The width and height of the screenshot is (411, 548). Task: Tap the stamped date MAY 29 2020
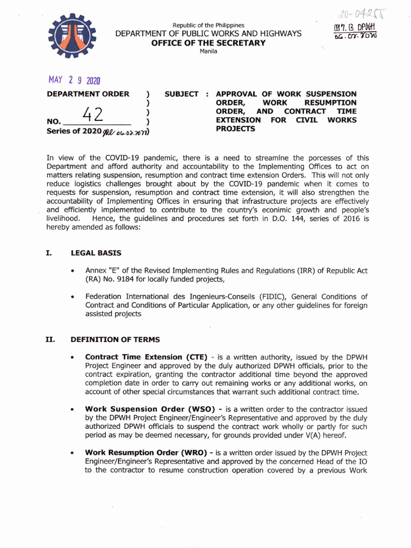(x=74, y=80)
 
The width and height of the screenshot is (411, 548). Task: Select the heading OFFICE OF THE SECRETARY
(x=208, y=43)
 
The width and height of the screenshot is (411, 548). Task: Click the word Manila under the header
(x=208, y=51)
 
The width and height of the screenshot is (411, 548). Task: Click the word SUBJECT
(x=182, y=94)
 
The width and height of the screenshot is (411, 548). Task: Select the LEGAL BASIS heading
(x=96, y=253)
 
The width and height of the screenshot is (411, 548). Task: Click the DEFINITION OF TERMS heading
(x=115, y=339)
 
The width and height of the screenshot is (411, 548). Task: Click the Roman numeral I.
(x=49, y=253)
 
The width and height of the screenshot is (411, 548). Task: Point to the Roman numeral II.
(x=50, y=339)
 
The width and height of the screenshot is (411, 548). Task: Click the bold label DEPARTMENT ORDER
(x=88, y=94)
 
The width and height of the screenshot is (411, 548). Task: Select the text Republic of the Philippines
(x=208, y=25)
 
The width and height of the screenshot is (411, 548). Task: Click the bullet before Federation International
(x=72, y=296)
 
